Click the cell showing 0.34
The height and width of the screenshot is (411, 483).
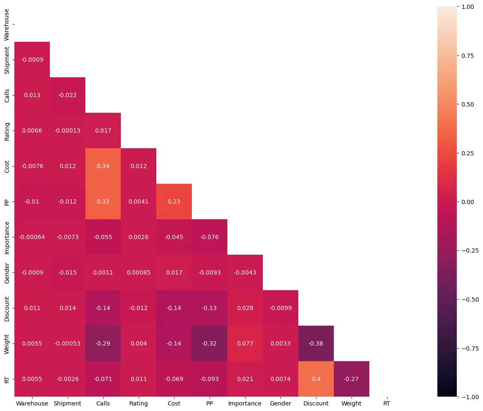[103, 166]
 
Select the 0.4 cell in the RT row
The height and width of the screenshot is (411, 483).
[316, 379]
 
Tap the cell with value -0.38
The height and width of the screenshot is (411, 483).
[316, 343]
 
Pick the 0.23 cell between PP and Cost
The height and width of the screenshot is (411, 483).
[174, 201]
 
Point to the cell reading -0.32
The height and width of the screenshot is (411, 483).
[210, 343]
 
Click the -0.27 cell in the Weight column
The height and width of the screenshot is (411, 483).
[352, 379]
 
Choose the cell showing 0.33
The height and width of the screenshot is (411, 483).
[103, 201]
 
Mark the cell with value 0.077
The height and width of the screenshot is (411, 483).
[245, 343]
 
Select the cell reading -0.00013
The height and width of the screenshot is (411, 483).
[68, 131]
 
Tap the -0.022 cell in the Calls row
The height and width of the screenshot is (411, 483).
[68, 95]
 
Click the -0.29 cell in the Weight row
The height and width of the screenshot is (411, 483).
[103, 343]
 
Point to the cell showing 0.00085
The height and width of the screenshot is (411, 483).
[139, 272]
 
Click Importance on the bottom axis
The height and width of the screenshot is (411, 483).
[245, 403]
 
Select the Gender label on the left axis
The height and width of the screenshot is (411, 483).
[6, 272]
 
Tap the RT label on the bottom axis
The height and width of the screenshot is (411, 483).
[387, 403]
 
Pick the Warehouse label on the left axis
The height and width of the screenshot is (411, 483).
[6, 24]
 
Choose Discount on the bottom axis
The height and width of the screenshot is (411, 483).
[316, 403]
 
